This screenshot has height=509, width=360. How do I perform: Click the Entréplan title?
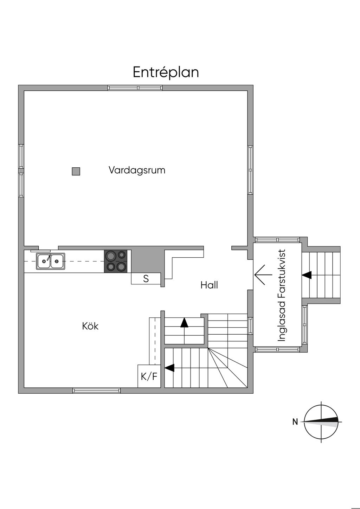(166, 72)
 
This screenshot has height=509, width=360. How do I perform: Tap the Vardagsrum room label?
(137, 170)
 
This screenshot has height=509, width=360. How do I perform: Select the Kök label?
(90, 326)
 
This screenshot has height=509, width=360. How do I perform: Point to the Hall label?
(209, 285)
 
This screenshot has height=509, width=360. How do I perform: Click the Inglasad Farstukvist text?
(282, 296)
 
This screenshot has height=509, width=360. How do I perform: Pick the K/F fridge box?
(149, 376)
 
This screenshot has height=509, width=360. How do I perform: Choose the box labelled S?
(146, 279)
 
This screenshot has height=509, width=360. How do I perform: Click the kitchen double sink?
(51, 262)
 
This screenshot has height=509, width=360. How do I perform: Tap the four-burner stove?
(115, 261)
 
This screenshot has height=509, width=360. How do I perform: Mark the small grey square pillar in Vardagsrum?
(76, 172)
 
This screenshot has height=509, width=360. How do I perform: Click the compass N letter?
(295, 422)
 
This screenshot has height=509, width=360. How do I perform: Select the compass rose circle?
(321, 421)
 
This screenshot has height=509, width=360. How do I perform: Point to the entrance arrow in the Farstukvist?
(263, 275)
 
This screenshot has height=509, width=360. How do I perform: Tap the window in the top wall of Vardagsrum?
(135, 88)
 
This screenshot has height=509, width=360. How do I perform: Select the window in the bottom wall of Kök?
(96, 390)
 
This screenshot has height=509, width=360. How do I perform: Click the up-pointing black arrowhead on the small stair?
(184, 322)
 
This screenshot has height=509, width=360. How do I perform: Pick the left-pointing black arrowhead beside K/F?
(169, 368)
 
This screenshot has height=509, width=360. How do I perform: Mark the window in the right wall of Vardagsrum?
(250, 170)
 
